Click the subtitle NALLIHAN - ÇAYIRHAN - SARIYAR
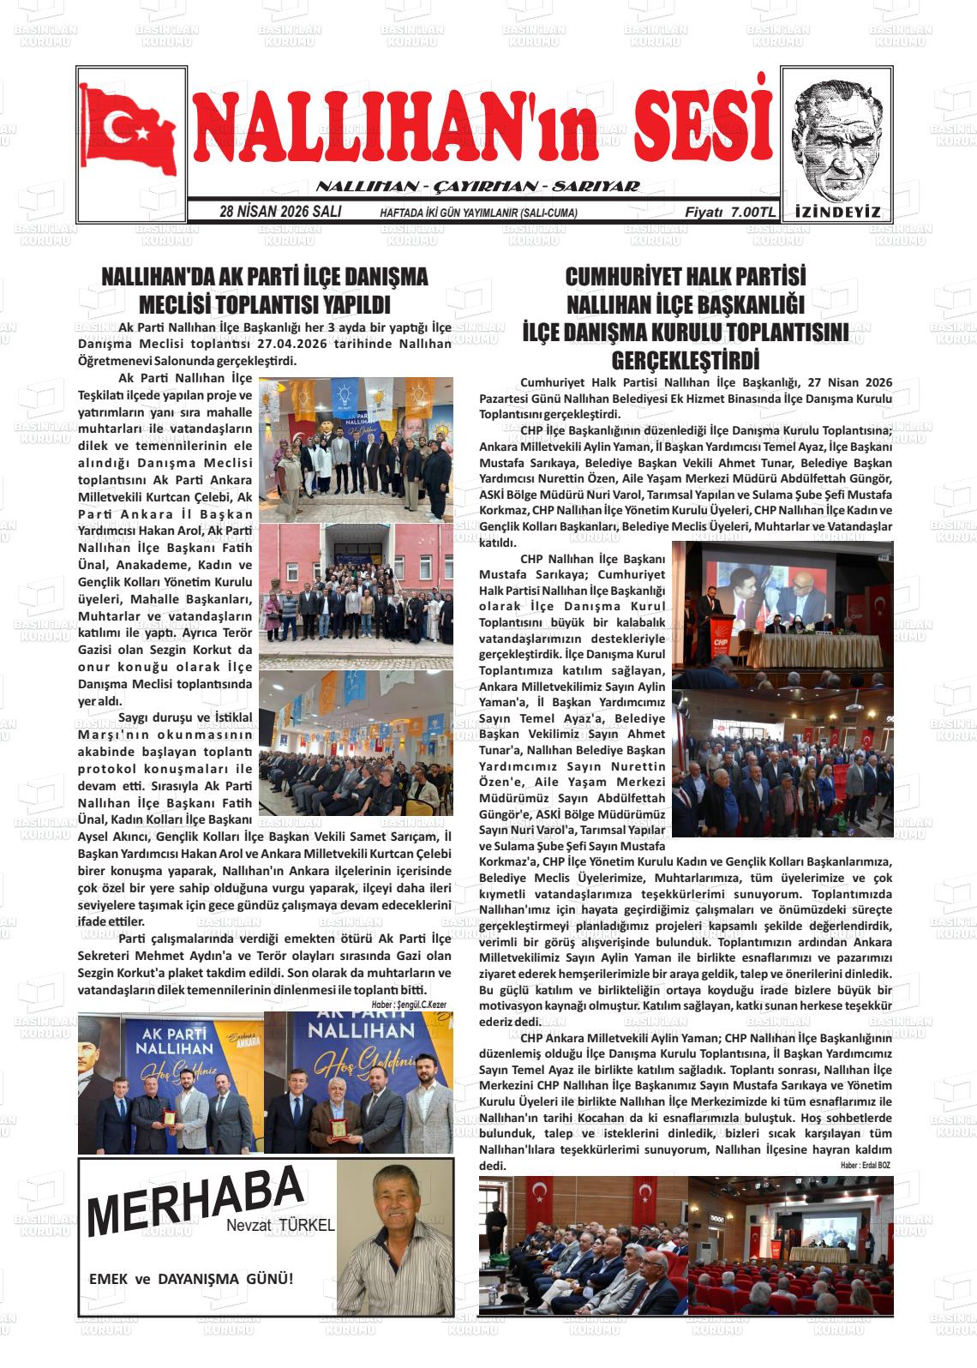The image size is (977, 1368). [x=478, y=187]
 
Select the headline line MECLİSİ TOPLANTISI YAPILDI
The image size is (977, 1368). [x=264, y=306]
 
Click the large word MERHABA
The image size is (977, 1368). [x=195, y=1199]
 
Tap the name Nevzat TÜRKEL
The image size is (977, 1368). [x=280, y=1226]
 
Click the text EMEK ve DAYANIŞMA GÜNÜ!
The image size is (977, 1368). [x=191, y=1279]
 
